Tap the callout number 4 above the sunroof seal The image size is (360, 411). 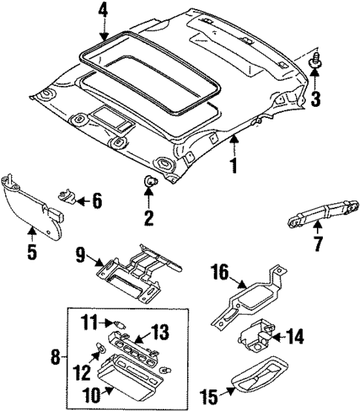point(102,10)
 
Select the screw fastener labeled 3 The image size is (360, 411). point(315,64)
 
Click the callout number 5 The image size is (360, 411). point(31,251)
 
